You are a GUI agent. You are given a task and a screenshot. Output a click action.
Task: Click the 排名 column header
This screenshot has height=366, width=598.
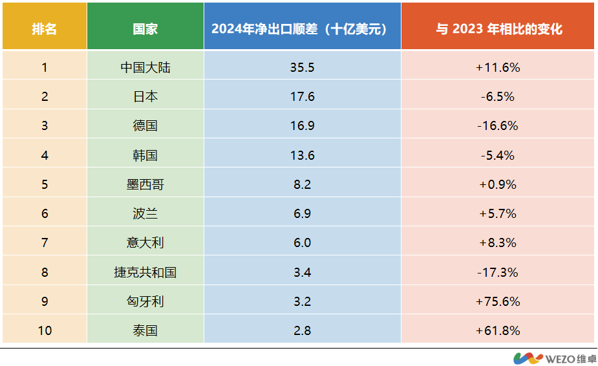coord(45,29)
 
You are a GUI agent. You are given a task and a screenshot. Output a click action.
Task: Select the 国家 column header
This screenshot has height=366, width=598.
coord(145,29)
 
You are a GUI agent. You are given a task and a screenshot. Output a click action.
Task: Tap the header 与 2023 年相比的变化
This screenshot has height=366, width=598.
coord(498,29)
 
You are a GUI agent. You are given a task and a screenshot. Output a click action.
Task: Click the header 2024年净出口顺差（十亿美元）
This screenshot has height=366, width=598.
coord(302,29)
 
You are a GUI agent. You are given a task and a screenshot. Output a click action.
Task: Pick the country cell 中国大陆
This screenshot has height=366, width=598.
coord(145,67)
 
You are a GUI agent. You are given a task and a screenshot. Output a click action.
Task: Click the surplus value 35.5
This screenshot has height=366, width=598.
coord(302,67)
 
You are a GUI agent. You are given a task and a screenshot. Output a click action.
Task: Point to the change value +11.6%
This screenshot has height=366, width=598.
coord(498,67)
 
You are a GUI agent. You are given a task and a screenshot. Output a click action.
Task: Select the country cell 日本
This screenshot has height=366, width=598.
coord(145,96)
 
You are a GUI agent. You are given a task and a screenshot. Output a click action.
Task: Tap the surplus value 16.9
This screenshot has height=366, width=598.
coord(302,125)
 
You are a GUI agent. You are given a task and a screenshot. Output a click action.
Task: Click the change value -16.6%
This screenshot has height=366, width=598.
coord(498,125)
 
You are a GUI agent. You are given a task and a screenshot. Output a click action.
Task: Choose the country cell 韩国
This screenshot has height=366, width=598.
coord(145,155)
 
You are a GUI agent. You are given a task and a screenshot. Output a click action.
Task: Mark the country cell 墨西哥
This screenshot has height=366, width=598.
coord(145,184)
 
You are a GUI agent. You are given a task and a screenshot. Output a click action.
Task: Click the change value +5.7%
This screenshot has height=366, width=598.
coord(498,213)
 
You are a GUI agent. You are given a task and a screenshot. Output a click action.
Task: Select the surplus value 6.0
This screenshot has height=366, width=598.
coord(302,242)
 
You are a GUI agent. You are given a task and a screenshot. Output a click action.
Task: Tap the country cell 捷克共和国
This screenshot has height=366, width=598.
coord(145,272)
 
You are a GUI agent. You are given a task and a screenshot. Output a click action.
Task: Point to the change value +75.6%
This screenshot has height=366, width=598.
coord(498,301)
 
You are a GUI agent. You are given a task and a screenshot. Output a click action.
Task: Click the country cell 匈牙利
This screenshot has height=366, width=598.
coord(145,301)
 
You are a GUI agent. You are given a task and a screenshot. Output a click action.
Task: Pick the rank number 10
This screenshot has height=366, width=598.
coord(45,330)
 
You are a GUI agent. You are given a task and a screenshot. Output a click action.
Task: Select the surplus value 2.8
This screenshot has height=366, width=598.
coord(302,330)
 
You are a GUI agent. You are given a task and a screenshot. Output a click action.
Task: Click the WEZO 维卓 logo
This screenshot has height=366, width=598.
coord(554,358)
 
